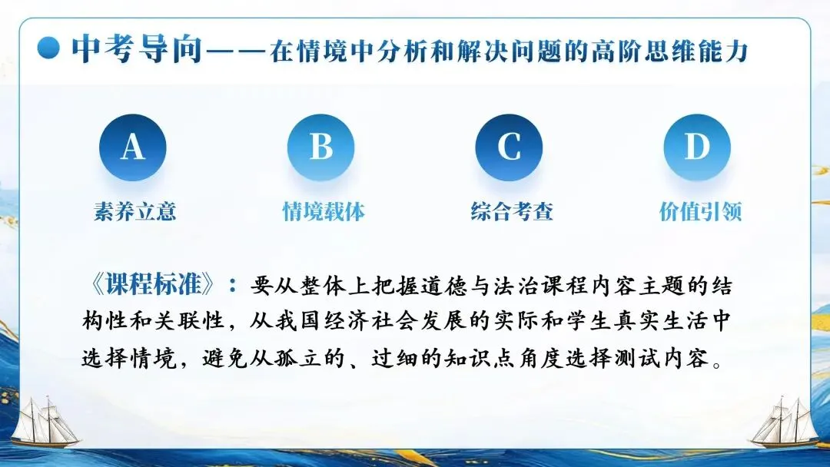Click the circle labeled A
click(132, 147)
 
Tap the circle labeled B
click(320, 147)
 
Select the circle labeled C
click(509, 147)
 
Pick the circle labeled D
click(697, 147)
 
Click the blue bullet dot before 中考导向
click(49, 49)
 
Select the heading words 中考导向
click(137, 49)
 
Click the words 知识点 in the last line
click(536, 358)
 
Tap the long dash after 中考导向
click(235, 51)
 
